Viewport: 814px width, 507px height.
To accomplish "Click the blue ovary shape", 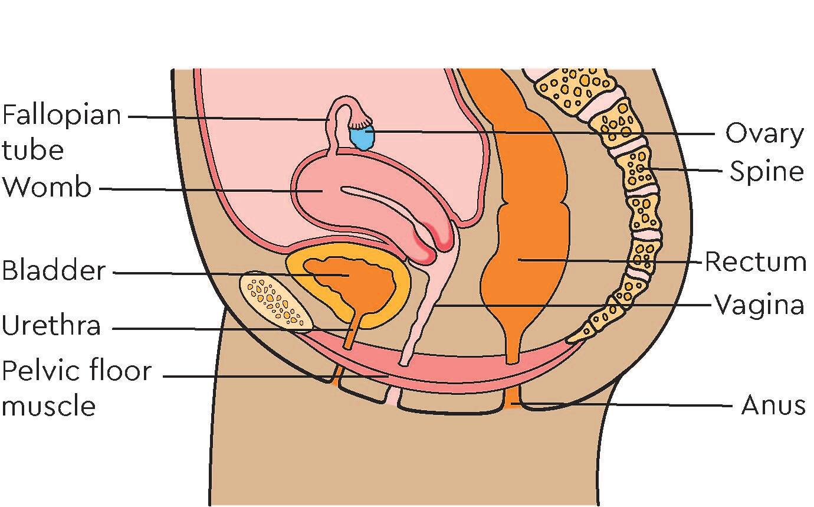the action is click(362, 138).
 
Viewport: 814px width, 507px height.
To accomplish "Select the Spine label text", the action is click(767, 171).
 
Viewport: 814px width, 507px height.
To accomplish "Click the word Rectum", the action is click(756, 262).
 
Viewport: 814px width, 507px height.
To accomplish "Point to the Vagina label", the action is click(759, 305).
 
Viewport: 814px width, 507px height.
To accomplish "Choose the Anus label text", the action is click(773, 405).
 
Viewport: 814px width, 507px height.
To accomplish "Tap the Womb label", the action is click(47, 187).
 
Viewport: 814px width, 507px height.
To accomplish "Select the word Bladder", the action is click(54, 270).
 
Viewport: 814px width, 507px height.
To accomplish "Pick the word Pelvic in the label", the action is click(40, 371).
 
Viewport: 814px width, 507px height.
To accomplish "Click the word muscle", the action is click(49, 406).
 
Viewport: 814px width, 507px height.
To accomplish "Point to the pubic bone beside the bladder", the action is click(276, 302).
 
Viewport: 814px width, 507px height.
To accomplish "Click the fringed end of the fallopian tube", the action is click(360, 122).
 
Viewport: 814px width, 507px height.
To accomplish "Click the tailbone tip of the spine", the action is click(576, 338).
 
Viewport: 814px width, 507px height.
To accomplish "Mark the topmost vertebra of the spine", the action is click(570, 87).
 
